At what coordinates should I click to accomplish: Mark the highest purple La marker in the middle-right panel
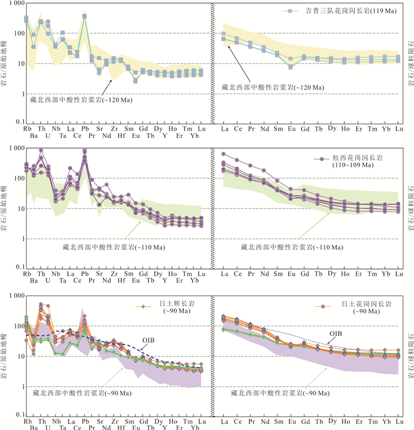point(224,154)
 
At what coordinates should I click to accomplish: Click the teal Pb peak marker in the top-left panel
point(85,17)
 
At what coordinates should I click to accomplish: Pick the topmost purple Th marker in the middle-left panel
point(41,150)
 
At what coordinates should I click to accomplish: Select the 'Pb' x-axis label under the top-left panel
point(85,129)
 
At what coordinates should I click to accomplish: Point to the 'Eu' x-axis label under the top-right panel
point(290,129)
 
